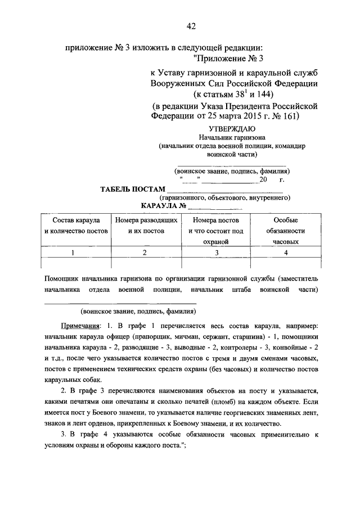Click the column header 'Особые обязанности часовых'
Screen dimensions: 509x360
(285, 231)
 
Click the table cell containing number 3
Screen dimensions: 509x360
(217, 253)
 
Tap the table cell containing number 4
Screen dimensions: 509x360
(285, 253)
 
